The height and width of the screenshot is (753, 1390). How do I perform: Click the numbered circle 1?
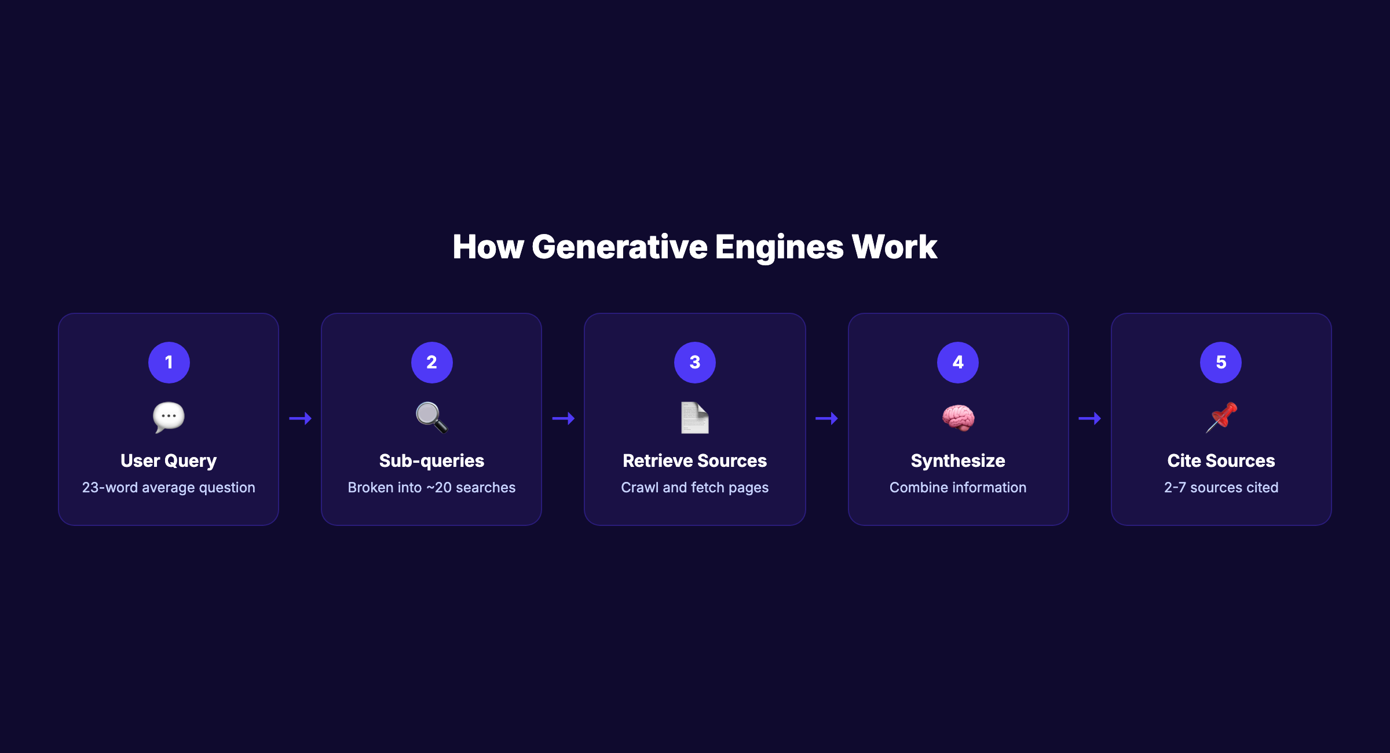pos(169,362)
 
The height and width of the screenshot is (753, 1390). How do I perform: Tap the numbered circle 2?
pos(431,362)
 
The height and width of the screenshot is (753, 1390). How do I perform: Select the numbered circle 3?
pos(694,362)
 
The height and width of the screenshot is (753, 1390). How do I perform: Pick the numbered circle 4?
pos(957,362)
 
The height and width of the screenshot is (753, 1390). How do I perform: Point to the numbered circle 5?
pos(1220,362)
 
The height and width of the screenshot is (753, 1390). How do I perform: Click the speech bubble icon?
pos(169,417)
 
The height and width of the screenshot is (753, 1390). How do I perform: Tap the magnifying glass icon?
pos(431,417)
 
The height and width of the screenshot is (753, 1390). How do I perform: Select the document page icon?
pos(694,417)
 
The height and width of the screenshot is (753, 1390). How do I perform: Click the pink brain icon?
pos(958,417)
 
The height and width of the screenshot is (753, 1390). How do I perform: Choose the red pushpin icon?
pos(1221,417)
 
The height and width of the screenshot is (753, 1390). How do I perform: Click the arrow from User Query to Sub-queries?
pos(300,418)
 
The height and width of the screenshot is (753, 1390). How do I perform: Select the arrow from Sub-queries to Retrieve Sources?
pos(563,418)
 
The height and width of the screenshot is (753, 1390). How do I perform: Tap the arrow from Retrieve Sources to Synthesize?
pos(826,418)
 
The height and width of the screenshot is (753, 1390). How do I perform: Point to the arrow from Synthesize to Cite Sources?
pos(1089,418)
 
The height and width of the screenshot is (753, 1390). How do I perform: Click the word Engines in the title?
pos(779,247)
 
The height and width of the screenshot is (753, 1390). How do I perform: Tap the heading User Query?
pos(169,460)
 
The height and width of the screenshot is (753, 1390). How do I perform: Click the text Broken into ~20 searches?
pos(431,488)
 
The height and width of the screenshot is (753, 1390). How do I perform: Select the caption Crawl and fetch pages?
pos(694,488)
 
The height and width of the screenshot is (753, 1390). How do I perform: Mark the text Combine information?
pos(957,488)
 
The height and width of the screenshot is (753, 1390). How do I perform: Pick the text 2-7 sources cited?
pos(1221,488)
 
